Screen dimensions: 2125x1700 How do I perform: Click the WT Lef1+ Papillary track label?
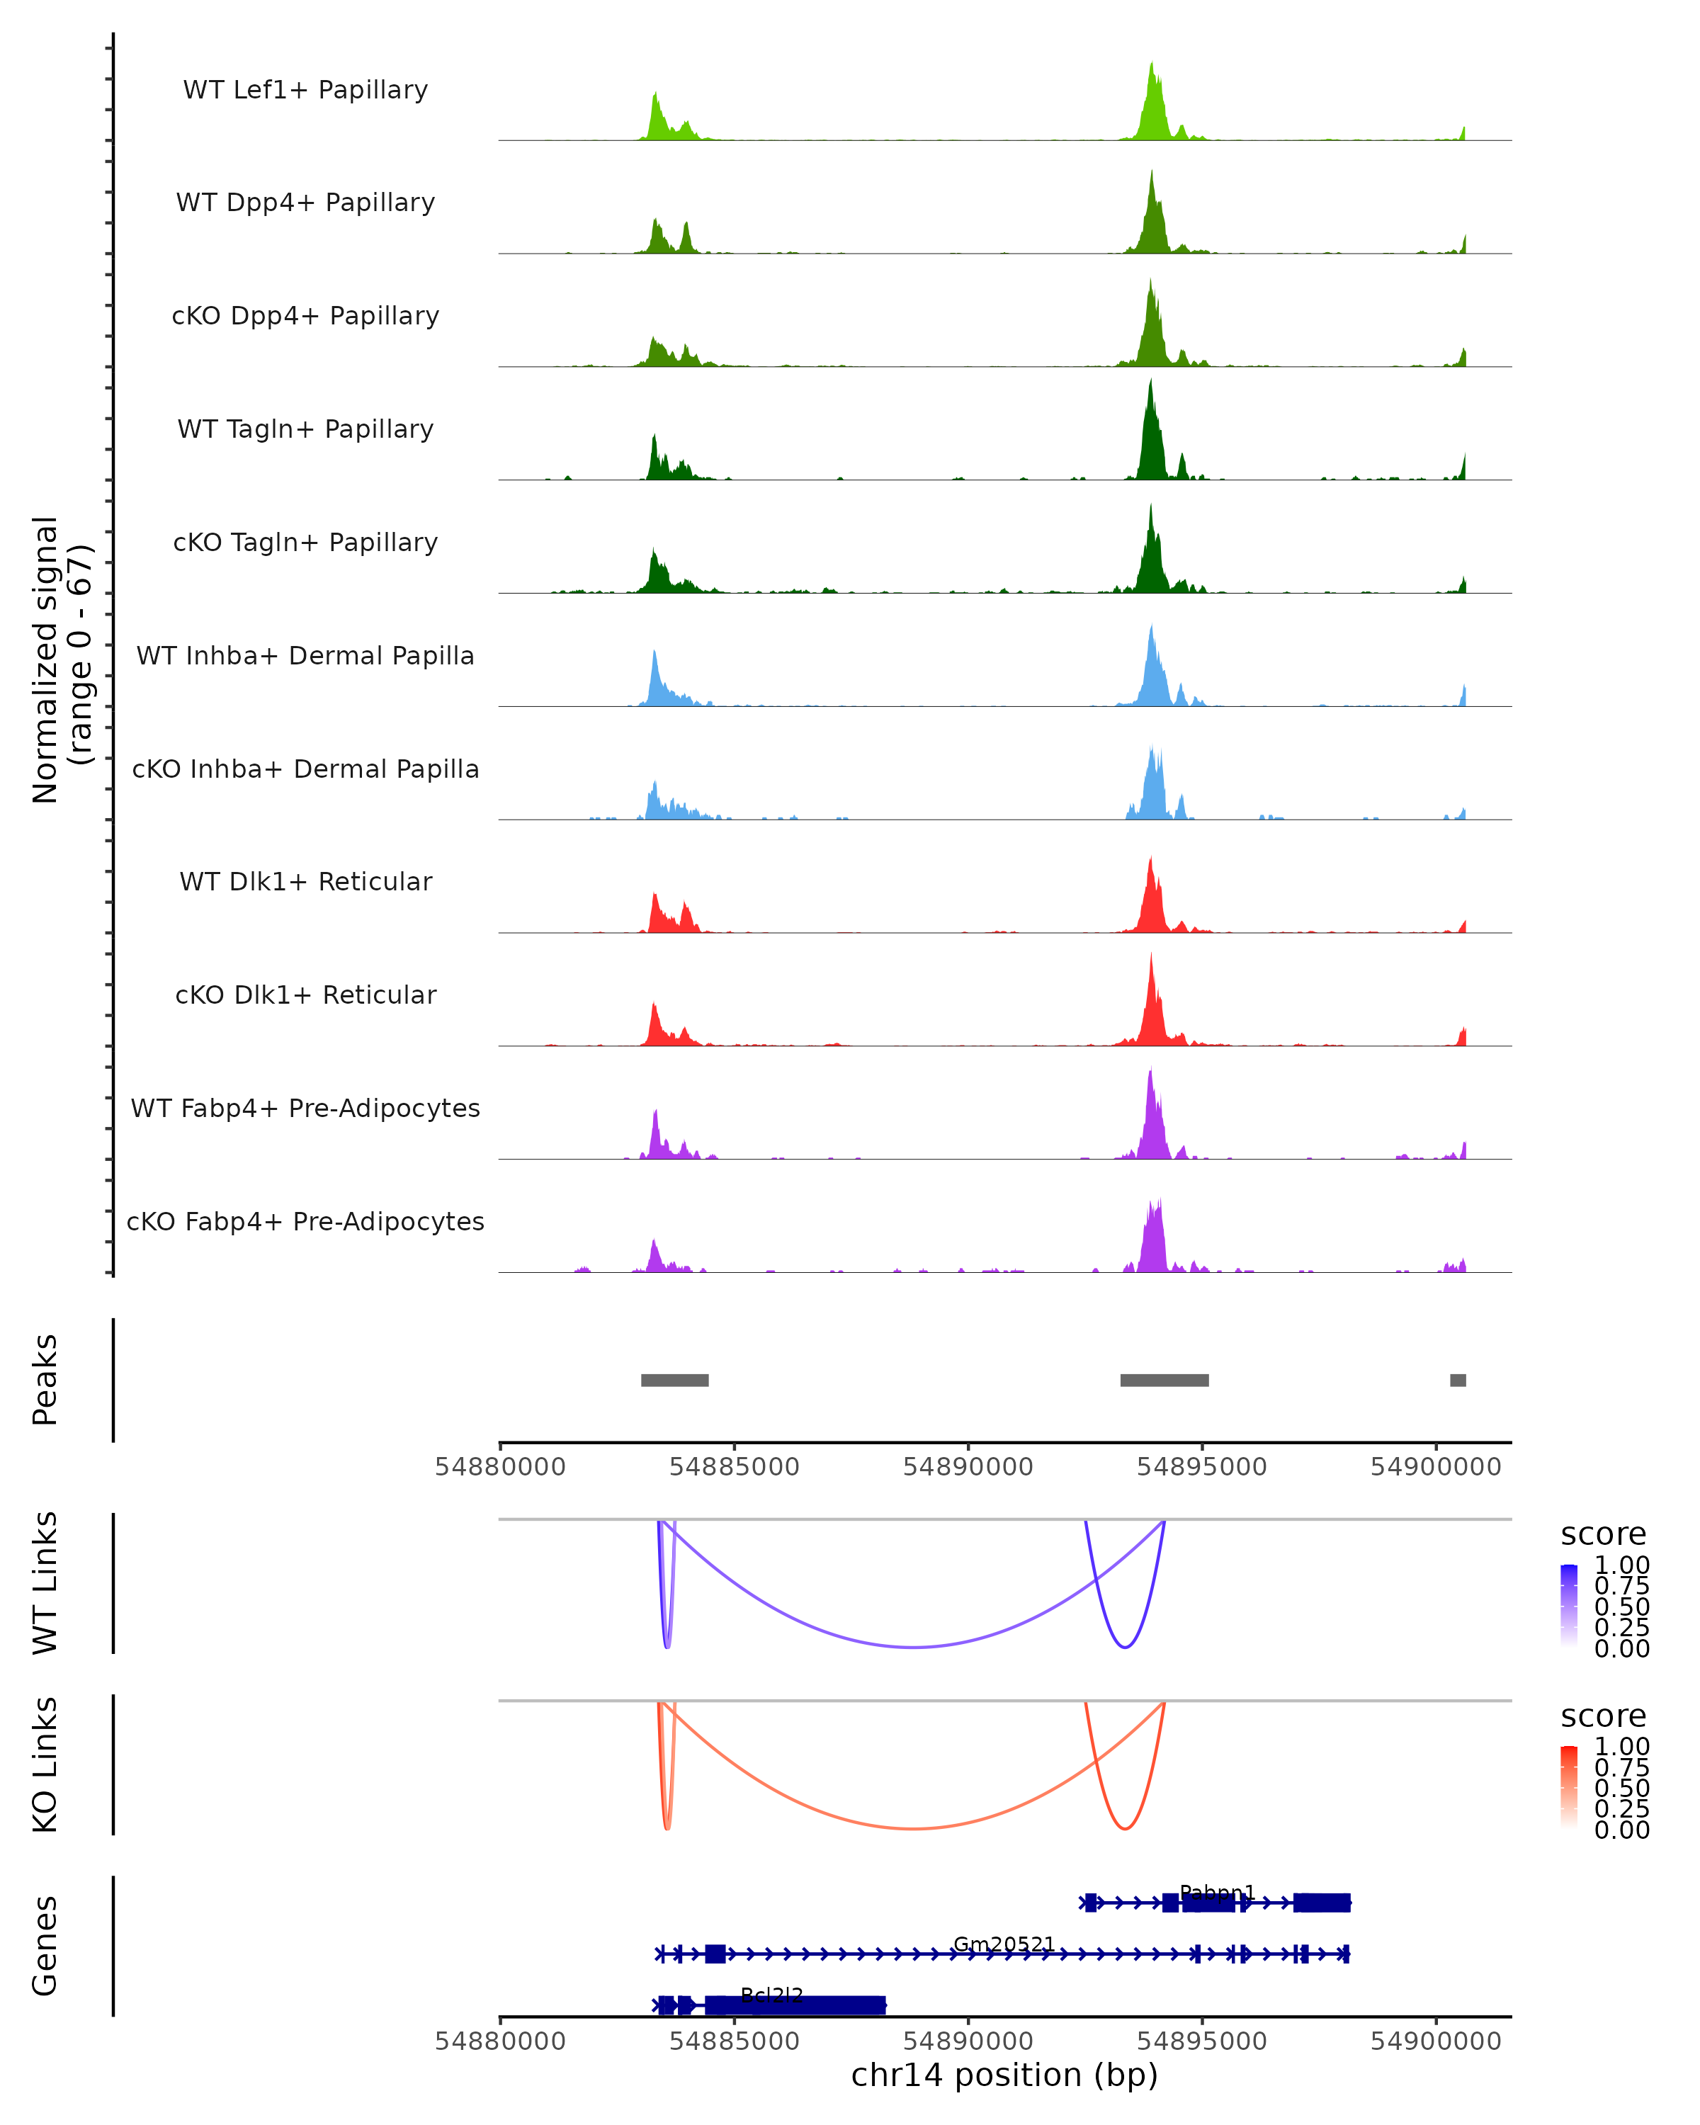[305, 90]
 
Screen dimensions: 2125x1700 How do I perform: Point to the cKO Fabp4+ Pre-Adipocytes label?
[305, 1221]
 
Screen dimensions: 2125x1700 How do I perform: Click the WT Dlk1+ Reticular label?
[305, 881]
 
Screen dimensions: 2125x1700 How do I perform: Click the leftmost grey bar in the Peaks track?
[674, 1380]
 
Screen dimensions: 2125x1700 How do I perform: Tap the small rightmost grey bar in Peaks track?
[1458, 1380]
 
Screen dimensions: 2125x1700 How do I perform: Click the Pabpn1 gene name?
[1217, 1893]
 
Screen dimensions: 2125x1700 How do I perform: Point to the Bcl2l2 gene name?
[771, 1995]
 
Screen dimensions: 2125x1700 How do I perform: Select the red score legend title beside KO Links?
[1604, 1716]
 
